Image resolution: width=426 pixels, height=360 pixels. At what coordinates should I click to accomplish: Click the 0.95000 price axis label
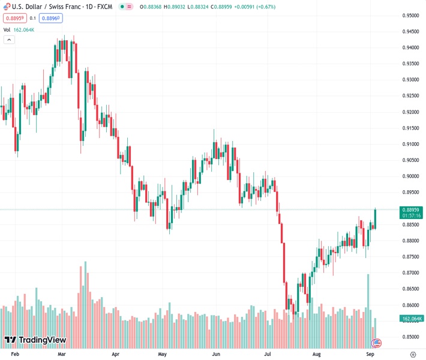[x=410, y=16]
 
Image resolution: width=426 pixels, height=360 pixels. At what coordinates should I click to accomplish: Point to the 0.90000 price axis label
[x=410, y=176]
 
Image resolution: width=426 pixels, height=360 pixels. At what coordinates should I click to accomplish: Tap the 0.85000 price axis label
[x=410, y=337]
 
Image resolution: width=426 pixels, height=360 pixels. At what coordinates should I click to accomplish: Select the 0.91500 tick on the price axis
[x=410, y=128]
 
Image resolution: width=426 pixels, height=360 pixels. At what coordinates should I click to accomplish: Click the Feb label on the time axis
[x=16, y=355]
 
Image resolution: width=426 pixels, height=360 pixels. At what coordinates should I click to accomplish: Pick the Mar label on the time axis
[x=62, y=355]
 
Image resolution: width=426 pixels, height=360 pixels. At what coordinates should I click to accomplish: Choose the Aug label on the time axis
[x=316, y=355]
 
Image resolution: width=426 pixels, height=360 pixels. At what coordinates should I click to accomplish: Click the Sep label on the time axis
[x=371, y=355]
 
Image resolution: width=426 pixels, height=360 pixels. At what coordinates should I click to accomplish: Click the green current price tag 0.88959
[x=411, y=209]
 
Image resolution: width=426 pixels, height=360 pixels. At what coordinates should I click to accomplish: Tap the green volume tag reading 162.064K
[x=412, y=319]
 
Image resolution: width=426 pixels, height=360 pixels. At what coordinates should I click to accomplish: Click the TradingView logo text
[x=41, y=340]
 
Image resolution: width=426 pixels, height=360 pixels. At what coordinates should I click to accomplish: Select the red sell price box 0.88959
[x=16, y=18]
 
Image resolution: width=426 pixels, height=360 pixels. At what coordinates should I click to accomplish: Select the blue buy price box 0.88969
[x=50, y=18]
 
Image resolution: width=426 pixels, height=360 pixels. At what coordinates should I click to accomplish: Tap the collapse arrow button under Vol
[x=9, y=40]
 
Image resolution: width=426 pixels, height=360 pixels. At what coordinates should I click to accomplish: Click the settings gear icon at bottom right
[x=413, y=355]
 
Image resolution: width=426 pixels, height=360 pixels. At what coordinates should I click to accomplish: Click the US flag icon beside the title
[x=7, y=7]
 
